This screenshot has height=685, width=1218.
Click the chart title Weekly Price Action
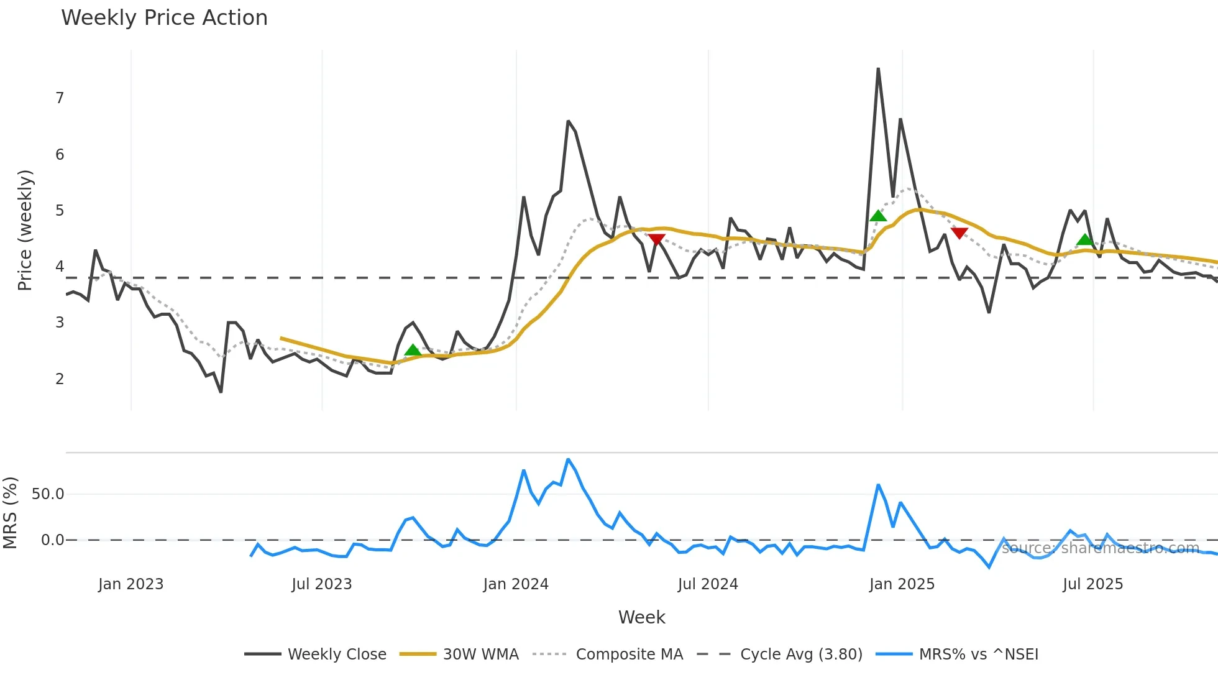164,17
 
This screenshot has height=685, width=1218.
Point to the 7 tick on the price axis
60,98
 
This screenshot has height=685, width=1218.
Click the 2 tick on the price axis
60,379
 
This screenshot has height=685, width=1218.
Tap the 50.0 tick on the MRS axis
48,494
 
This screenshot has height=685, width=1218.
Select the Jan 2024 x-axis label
516,584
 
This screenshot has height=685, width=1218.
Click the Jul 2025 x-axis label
1092,584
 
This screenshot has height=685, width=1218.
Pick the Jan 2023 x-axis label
130,584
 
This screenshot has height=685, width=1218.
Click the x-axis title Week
641,617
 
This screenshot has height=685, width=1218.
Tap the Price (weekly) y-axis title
25,230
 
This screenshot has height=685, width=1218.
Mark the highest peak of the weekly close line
878,68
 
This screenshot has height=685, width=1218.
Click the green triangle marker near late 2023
413,351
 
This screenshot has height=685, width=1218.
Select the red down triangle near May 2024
657,239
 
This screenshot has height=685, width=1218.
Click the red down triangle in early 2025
959,233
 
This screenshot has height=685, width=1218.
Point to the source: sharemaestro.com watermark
1100,548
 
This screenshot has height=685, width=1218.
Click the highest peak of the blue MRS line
568,459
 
